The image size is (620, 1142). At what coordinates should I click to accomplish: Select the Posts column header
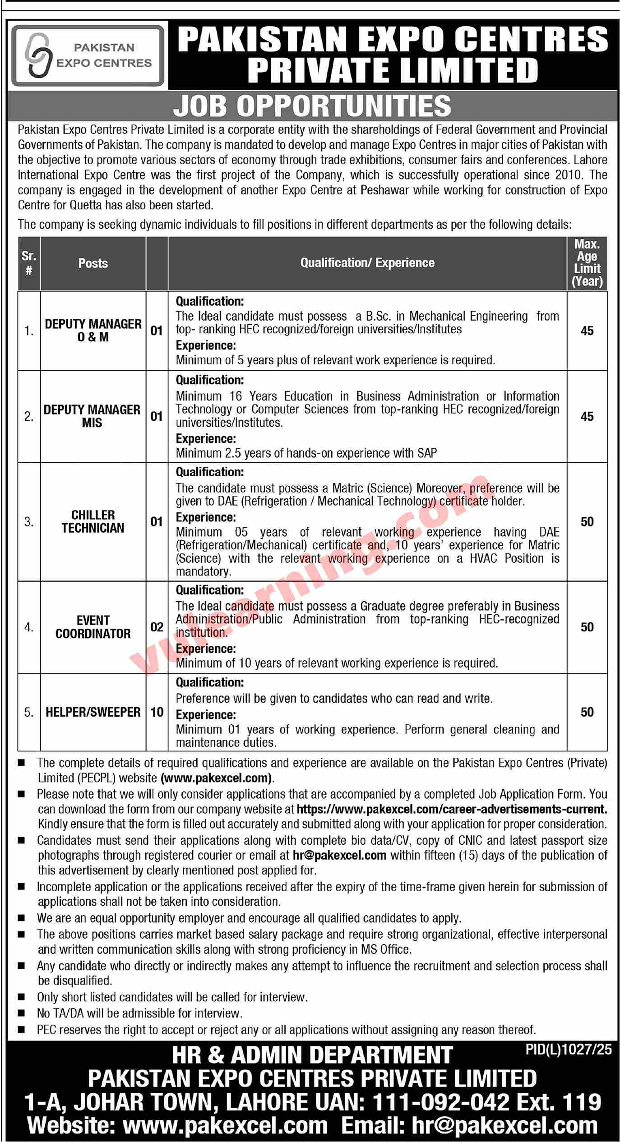click(93, 263)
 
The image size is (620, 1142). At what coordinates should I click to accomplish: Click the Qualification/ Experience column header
click(367, 263)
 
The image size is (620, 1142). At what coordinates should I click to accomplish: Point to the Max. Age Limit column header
click(587, 263)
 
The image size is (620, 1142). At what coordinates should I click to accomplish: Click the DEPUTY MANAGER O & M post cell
click(93, 331)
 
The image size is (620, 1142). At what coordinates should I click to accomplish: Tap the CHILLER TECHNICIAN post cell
click(93, 521)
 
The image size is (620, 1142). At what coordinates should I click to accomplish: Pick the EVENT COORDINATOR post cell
click(93, 627)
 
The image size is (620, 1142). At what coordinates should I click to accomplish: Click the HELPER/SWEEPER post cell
click(93, 712)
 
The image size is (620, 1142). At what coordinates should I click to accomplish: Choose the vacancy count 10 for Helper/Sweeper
click(157, 712)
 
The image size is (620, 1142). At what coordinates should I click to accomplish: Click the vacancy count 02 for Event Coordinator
click(157, 627)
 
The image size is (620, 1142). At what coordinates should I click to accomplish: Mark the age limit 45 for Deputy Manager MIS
click(587, 416)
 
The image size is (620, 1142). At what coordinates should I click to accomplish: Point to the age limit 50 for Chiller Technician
click(587, 521)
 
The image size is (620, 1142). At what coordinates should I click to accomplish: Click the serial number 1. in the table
click(29, 331)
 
